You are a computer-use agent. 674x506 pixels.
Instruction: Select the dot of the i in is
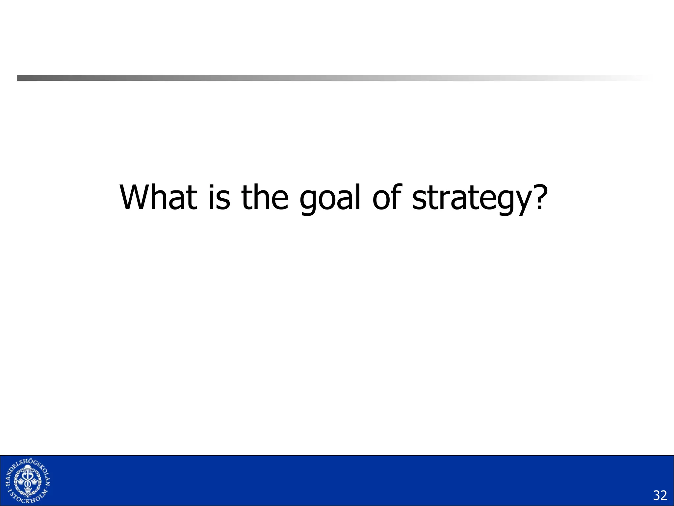click(213, 187)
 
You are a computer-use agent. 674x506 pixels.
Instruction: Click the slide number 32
click(660, 495)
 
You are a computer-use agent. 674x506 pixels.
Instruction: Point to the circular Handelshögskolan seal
click(28, 481)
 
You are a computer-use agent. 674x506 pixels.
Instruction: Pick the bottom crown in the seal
click(28, 490)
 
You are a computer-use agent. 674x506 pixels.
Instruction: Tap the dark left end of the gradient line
click(20, 78)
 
